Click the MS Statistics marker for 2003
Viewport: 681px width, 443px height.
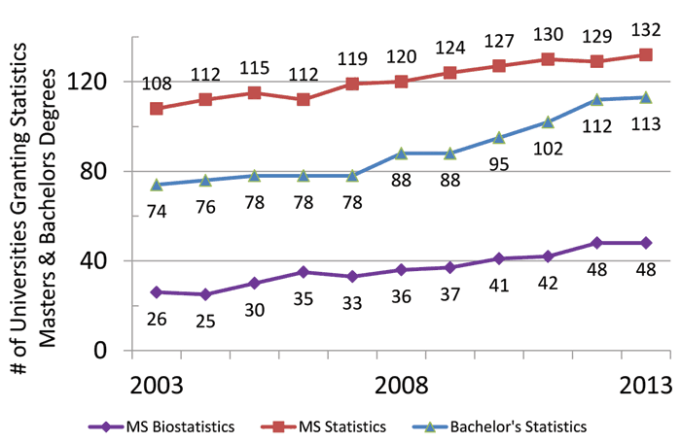(157, 108)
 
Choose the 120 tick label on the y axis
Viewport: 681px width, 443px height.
(101, 82)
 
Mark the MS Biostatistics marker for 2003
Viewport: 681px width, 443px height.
(157, 291)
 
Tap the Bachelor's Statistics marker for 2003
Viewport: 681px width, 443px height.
(157, 185)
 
